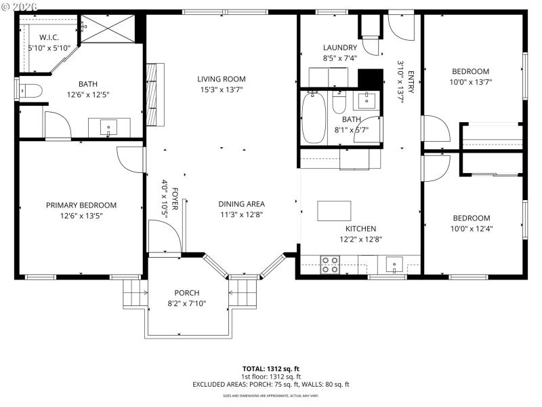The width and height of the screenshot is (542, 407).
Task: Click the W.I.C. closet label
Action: click(49, 37)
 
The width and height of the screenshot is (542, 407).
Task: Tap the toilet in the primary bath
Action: click(30, 90)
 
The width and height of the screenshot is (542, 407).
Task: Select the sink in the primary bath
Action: click(108, 127)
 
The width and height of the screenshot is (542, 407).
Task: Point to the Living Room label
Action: click(222, 79)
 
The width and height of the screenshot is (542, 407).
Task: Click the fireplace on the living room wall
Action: click(154, 94)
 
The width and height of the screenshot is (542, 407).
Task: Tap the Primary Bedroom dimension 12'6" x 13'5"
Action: click(81, 216)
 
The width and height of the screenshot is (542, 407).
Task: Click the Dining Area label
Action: click(241, 203)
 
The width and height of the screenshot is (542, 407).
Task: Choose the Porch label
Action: click(187, 292)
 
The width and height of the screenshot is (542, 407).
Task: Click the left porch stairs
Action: click(133, 294)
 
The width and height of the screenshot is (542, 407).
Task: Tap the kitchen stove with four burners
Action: click(330, 264)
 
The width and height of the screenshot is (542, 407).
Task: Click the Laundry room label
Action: click(339, 47)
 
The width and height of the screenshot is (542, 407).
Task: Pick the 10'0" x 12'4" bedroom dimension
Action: click(472, 229)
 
